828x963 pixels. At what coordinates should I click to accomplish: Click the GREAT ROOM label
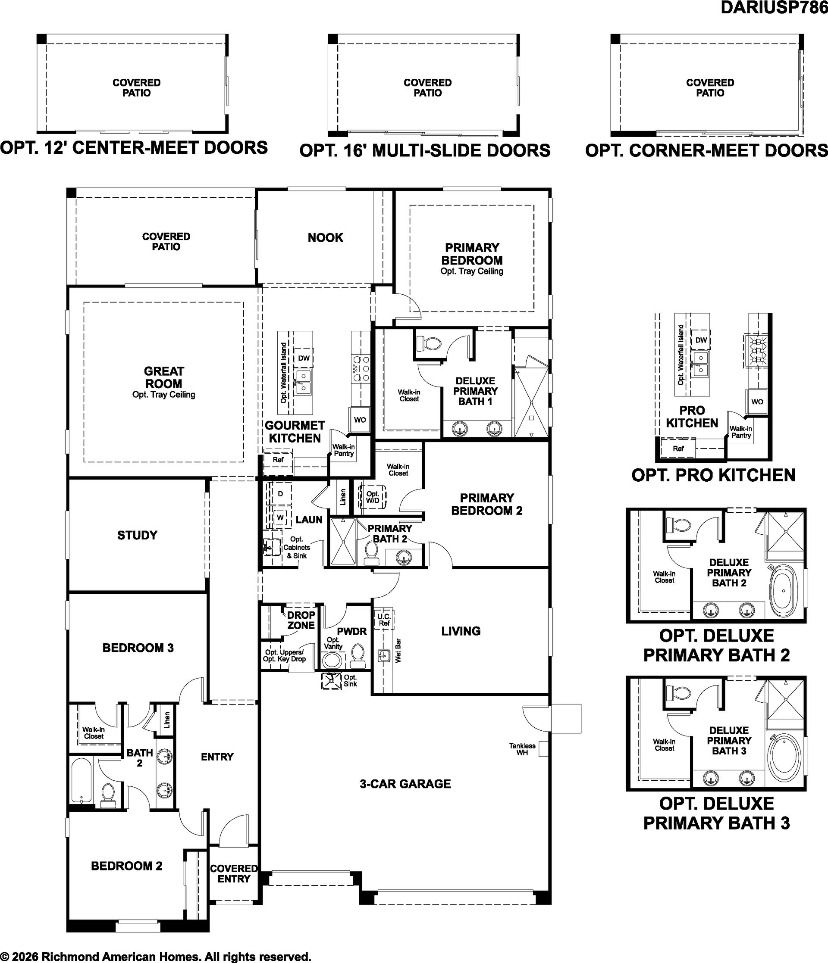tap(164, 377)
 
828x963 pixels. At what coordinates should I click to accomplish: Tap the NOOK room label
tap(326, 237)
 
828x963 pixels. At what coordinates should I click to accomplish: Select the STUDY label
tap(137, 535)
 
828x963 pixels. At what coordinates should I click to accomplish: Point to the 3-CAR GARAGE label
tap(405, 784)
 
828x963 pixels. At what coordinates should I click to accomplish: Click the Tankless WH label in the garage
tap(522, 749)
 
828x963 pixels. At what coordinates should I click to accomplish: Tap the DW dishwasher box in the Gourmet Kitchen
tap(304, 358)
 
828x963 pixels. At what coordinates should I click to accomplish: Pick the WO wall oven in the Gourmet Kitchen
tap(360, 420)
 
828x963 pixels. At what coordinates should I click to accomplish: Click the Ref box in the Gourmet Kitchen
tap(278, 460)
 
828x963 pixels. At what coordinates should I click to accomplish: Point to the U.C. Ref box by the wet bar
tap(384, 620)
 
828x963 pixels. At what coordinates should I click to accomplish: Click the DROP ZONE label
tap(301, 620)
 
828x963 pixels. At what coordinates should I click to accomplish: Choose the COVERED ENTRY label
tap(234, 873)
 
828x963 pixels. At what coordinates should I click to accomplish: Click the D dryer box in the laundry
tap(280, 494)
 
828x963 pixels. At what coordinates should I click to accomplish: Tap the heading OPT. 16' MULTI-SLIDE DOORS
tap(425, 150)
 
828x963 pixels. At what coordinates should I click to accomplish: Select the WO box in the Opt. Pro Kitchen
tap(757, 402)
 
